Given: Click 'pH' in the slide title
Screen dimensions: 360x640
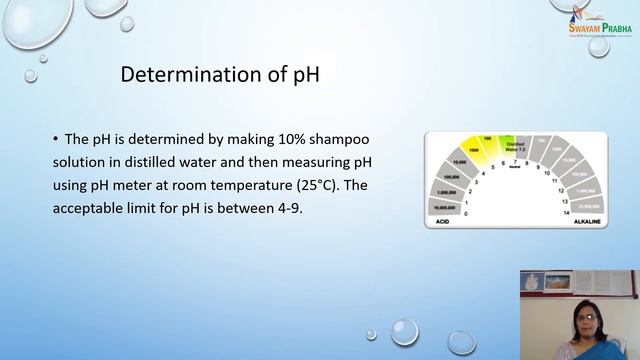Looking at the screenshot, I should point(304,76).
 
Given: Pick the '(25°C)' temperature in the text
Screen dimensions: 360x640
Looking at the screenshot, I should point(336,185).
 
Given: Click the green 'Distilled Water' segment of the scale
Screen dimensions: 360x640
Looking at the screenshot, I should point(514,144).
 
